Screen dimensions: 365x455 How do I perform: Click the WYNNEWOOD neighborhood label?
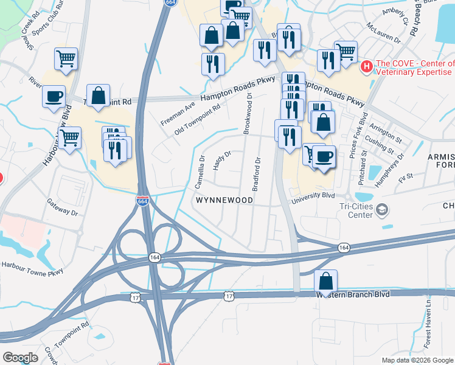224,200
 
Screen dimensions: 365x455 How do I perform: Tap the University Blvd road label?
313,196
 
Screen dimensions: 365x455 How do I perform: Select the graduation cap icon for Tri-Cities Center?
382,210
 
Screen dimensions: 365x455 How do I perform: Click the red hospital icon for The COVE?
367,66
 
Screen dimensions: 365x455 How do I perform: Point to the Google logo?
20,357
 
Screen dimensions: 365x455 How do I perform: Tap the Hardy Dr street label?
223,161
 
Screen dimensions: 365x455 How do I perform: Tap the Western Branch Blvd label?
352,294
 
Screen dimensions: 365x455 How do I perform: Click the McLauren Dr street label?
384,34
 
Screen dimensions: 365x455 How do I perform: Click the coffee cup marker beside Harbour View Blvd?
54,96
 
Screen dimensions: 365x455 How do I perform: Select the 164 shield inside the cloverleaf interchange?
155,259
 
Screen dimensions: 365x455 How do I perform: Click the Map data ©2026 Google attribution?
418,360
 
